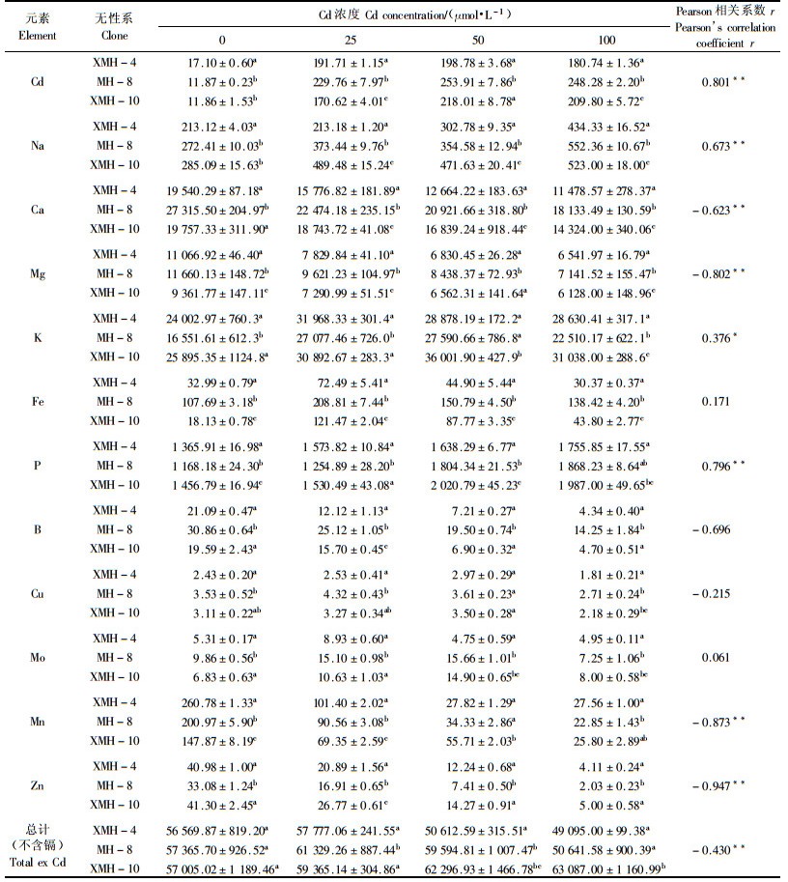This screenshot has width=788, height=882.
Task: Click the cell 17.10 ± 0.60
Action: pos(220,62)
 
